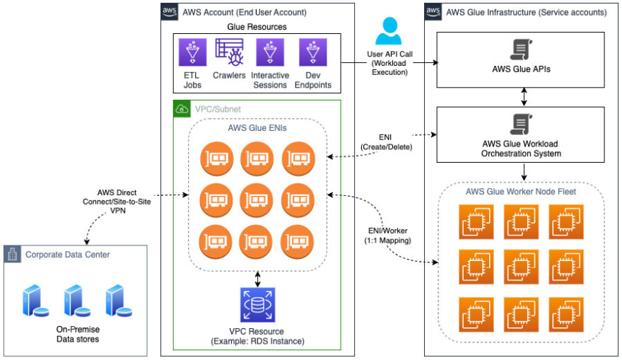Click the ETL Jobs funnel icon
point(192,52)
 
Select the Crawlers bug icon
point(229,52)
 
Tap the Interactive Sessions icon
point(270,52)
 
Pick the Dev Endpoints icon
point(313,52)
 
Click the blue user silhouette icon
point(389,30)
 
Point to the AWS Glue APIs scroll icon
point(521,50)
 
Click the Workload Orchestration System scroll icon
point(521,124)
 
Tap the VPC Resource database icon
point(257,305)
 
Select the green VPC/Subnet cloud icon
point(182,109)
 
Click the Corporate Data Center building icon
point(12,254)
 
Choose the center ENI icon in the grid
point(257,200)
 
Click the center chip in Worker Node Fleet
point(521,267)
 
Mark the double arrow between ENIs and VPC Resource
point(258,279)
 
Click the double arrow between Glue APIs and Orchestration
point(524,97)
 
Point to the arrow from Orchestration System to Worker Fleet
point(524,172)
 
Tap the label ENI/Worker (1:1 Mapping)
point(387,236)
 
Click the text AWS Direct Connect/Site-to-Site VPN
point(117,202)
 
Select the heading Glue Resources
point(257,27)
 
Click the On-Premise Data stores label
point(78,335)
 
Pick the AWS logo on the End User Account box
point(170,11)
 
